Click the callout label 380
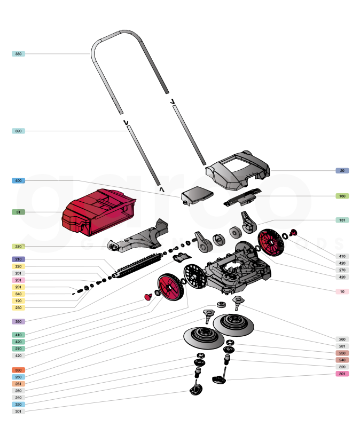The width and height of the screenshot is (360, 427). click(x=18, y=54)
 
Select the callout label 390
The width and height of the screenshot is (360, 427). click(x=18, y=131)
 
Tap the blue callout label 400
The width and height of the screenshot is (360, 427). click(x=18, y=181)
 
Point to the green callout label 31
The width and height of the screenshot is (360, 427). click(x=18, y=212)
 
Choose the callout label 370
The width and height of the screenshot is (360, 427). click(x=18, y=247)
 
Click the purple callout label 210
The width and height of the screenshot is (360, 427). click(x=18, y=259)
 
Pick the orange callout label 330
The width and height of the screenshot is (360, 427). click(x=18, y=370)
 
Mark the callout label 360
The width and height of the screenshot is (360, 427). click(x=18, y=322)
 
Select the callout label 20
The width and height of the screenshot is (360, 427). click(x=342, y=171)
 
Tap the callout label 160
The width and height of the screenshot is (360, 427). click(x=342, y=196)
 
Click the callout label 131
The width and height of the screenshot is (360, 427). click(x=342, y=220)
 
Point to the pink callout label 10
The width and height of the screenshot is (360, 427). click(x=342, y=291)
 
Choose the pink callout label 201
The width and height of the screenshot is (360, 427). click(x=18, y=280)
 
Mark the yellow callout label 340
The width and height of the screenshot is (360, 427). click(x=18, y=294)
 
